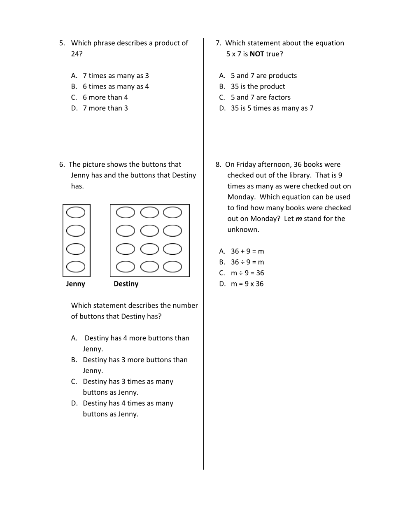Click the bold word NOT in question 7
256,54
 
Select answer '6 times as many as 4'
116,86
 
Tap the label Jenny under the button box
76,284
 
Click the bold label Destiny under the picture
126,284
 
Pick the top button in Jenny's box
76,212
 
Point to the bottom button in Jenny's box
76,267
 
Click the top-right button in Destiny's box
172,212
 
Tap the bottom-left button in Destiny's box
126,267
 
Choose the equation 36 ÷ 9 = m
247,262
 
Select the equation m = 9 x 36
247,284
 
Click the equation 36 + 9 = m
247,251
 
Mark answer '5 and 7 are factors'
261,98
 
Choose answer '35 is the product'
258,86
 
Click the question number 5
62,43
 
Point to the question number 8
218,165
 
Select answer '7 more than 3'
105,108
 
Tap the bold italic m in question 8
299,219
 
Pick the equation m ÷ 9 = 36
247,273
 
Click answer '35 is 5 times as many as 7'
272,108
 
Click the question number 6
62,165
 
